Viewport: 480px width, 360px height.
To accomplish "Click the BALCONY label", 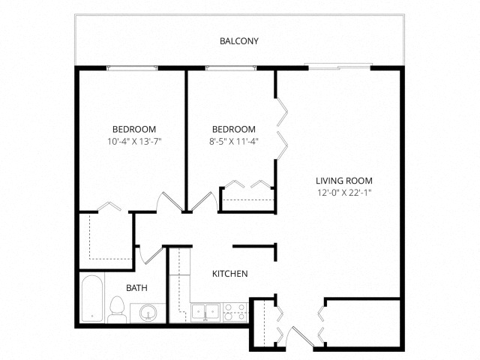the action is [x=239, y=41].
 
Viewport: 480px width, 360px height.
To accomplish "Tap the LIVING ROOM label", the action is [x=344, y=181].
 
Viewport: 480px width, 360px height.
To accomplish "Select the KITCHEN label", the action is [x=230, y=274].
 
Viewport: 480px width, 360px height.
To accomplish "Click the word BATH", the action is [x=136, y=288].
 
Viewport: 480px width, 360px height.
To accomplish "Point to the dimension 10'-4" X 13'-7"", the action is [x=134, y=141].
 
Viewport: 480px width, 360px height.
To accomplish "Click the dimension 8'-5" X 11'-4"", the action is [x=234, y=141].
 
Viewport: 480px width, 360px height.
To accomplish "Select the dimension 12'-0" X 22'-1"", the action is [x=344, y=193].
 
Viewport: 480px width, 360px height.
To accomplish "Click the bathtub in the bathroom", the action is [x=91, y=298].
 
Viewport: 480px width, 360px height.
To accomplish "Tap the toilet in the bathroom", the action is [x=117, y=309].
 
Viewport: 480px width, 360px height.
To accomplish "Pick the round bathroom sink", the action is [x=148, y=313].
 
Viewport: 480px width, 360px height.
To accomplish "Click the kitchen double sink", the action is [x=205, y=312].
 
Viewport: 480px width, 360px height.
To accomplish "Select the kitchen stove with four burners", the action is [x=235, y=312].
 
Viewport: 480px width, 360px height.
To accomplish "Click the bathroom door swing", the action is [x=150, y=255].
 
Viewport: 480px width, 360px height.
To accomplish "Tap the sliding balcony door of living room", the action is [x=339, y=67].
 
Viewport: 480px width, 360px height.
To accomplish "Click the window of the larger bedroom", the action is [x=132, y=68].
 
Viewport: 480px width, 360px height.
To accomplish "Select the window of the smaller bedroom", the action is [x=231, y=68].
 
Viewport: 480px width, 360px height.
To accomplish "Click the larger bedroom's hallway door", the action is [x=169, y=202].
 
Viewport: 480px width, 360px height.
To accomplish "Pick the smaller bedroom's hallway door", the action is [x=205, y=202].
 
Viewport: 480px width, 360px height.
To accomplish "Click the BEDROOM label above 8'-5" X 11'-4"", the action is [x=234, y=129].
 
